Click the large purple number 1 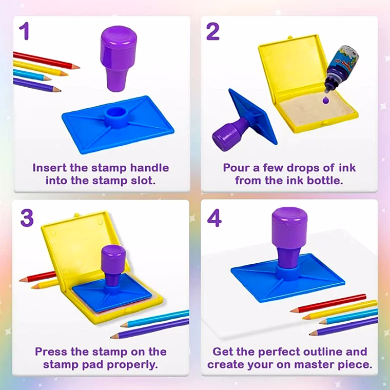(x=25, y=31)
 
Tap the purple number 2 (x=212, y=31)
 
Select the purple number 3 (x=27, y=218)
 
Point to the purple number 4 (x=214, y=218)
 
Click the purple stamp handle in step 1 (x=118, y=59)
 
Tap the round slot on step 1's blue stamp (x=116, y=114)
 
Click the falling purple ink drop (x=325, y=100)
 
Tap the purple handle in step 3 (x=113, y=265)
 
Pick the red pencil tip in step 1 (x=76, y=67)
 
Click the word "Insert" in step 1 (x=49, y=168)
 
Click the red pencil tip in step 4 (x=295, y=310)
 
